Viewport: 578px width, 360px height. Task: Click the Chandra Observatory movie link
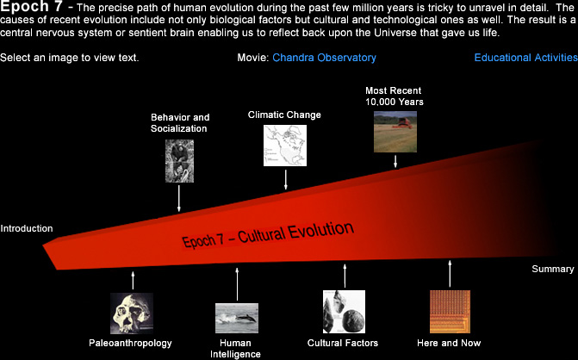pos(324,58)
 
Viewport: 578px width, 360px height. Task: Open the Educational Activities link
pos(525,58)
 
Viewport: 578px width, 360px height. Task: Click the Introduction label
pos(27,229)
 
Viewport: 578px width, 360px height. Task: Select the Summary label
pos(552,270)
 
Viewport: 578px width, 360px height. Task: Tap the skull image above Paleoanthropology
pos(132,313)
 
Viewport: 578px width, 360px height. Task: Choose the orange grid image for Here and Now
pos(450,311)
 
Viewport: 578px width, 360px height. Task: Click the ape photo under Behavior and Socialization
pos(179,160)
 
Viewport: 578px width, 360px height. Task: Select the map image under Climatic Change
pos(285,146)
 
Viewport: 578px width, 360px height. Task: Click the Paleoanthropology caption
pos(130,344)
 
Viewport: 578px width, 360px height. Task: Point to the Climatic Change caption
pos(284,115)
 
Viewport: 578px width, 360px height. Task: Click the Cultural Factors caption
pos(343,344)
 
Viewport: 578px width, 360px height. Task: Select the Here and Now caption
pos(449,344)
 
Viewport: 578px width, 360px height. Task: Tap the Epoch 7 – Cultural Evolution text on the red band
pos(268,235)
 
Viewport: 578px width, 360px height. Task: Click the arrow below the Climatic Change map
pos(285,179)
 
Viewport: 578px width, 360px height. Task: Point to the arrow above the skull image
pos(133,279)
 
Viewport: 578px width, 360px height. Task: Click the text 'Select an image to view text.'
pos(70,58)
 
